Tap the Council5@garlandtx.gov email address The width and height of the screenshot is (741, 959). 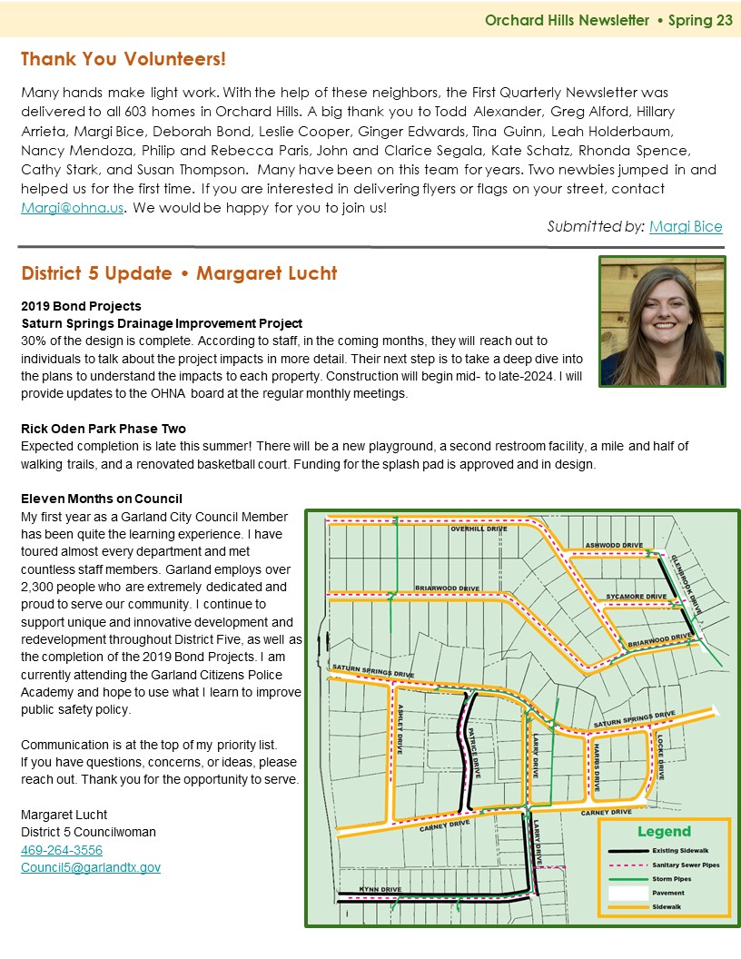[91, 867]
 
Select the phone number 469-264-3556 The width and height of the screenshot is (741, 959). [62, 850]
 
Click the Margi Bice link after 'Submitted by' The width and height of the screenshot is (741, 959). [686, 226]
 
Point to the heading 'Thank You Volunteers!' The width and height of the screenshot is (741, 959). [123, 60]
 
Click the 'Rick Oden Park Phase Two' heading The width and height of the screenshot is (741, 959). [104, 429]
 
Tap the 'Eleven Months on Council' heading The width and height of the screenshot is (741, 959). [102, 499]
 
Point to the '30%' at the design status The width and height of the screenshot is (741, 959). [34, 341]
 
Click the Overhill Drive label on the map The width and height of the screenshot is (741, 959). [478, 529]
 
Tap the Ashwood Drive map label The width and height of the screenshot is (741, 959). [613, 546]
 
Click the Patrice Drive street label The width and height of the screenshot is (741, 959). [475, 751]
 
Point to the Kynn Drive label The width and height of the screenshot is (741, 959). [380, 889]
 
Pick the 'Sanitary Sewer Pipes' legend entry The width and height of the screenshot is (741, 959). [686, 865]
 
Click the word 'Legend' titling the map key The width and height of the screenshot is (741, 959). [664, 831]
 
